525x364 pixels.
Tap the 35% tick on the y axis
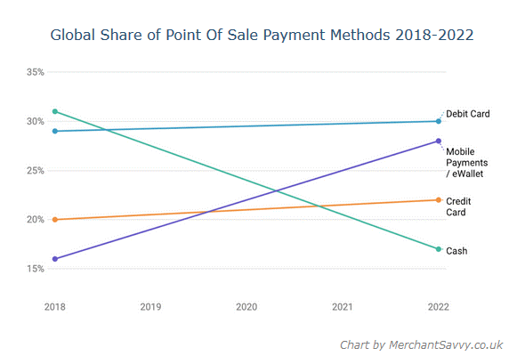point(36,71)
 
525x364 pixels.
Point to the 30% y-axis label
point(36,121)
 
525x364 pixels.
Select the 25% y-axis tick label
point(36,170)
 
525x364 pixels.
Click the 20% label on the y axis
point(36,219)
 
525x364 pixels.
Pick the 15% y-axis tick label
point(36,268)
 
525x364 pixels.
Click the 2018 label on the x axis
point(55,307)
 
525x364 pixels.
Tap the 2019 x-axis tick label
point(150,307)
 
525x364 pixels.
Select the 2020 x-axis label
point(246,307)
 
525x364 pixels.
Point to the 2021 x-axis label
point(343,307)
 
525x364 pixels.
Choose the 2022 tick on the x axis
point(438,307)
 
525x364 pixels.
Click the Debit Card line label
point(467,114)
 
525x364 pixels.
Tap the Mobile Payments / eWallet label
point(467,162)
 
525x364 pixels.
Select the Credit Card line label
point(458,206)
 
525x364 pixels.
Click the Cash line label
point(456,251)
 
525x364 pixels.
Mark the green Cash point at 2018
point(55,111)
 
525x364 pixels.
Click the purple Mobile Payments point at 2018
point(55,259)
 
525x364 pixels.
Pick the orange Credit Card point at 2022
point(438,200)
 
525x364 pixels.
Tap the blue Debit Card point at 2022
point(438,121)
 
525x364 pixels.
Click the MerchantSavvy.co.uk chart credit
point(421,344)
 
